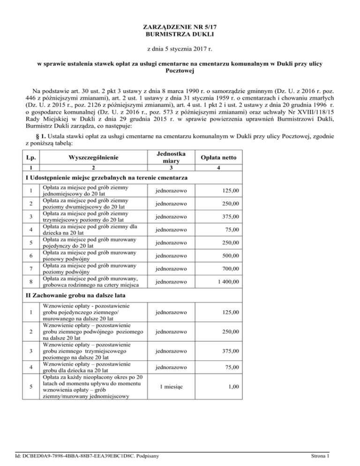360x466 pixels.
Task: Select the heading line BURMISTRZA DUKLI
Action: (180, 34)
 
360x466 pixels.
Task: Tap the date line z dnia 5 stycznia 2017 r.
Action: (180, 49)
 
